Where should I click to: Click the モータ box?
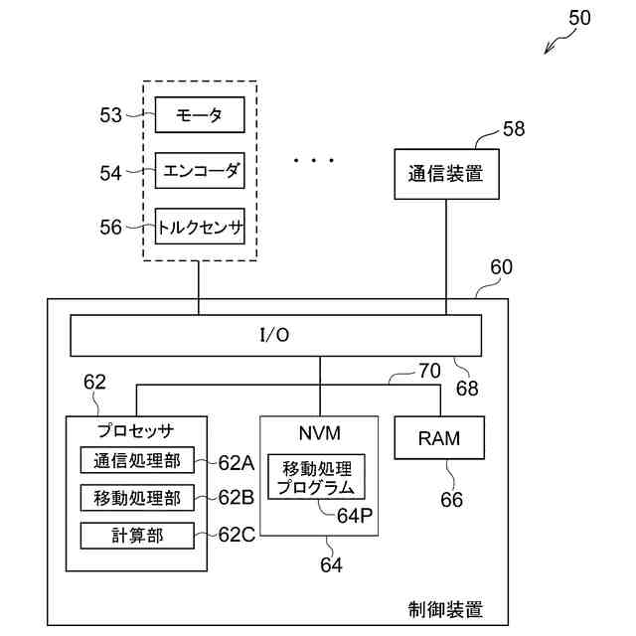(200, 114)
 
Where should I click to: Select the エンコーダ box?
(200, 170)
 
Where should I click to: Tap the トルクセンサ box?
(200, 227)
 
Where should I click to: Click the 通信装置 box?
(446, 174)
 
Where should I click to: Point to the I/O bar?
(276, 336)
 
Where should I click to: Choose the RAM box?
(439, 437)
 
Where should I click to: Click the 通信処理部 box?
(137, 460)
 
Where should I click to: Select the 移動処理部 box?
(137, 498)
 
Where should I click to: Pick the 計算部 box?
(137, 536)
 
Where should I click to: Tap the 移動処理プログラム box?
(316, 477)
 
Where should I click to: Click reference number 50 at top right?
(579, 18)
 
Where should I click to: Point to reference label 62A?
(237, 462)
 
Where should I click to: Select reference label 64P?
(355, 516)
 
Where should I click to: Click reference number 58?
(514, 129)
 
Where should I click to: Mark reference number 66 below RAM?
(451, 500)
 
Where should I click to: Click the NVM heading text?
(320, 433)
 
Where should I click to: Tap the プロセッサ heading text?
(136, 430)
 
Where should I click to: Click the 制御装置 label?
(445, 609)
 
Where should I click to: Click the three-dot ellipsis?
(314, 161)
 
